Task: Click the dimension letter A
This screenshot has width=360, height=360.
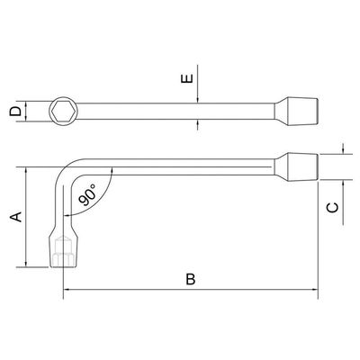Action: (x=17, y=217)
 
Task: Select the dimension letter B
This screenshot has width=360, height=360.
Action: (x=191, y=279)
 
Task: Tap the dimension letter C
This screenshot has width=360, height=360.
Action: (x=333, y=208)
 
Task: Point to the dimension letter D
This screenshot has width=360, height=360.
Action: (x=15, y=112)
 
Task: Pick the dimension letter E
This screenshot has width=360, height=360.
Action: (x=187, y=78)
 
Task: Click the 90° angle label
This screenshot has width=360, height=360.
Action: (x=88, y=195)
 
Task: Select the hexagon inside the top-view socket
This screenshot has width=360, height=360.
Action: (x=63, y=112)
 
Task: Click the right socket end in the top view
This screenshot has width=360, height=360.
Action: (x=296, y=112)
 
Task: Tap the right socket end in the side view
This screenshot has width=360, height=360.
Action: (x=296, y=166)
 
